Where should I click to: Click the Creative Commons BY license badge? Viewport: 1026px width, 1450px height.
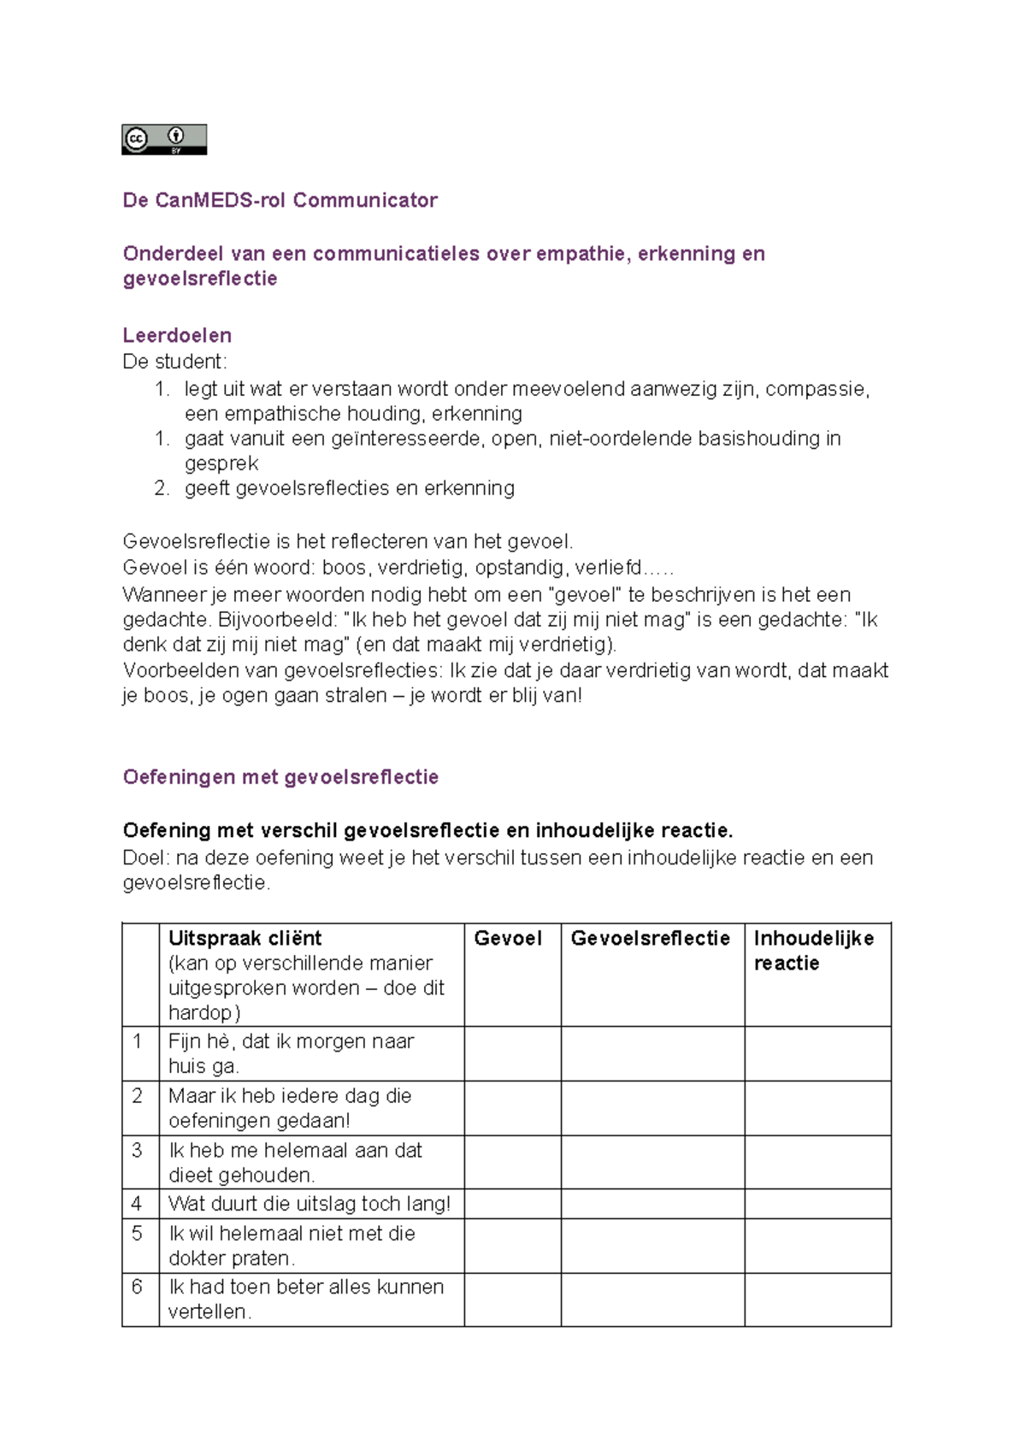coord(164,139)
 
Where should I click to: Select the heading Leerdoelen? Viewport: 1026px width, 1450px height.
coord(177,335)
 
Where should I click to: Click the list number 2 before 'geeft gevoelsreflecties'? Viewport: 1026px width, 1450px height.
coord(162,488)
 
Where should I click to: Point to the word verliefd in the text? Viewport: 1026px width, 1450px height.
coord(608,568)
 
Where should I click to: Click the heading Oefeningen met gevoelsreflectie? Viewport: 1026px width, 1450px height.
coord(280,777)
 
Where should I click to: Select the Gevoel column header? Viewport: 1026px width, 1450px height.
coord(508,939)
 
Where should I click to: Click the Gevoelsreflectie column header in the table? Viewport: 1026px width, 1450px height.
coord(650,939)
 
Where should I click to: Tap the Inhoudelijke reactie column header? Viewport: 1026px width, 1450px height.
coord(813,950)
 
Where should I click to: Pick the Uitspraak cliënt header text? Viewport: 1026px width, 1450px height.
coord(245,939)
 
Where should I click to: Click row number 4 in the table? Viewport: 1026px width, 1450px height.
coord(137,1204)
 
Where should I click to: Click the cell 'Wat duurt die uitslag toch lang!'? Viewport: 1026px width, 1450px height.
coord(309,1204)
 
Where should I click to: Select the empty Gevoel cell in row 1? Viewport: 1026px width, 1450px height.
coord(512,1053)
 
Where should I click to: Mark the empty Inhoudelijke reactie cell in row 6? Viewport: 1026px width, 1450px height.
coord(817,1300)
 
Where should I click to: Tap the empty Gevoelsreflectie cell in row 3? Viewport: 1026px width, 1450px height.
coord(652,1162)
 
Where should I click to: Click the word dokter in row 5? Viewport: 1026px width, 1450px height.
coord(198,1258)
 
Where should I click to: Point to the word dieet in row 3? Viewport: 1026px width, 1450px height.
coord(190,1176)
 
